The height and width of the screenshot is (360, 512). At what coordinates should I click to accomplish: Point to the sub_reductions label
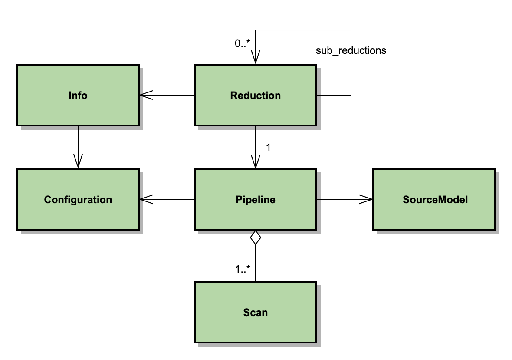[x=351, y=50]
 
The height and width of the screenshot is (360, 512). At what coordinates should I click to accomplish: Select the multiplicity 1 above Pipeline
[x=268, y=148]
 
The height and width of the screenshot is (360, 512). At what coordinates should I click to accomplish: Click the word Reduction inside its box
[x=255, y=96]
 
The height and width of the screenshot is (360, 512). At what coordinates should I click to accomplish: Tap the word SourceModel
[x=435, y=200]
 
